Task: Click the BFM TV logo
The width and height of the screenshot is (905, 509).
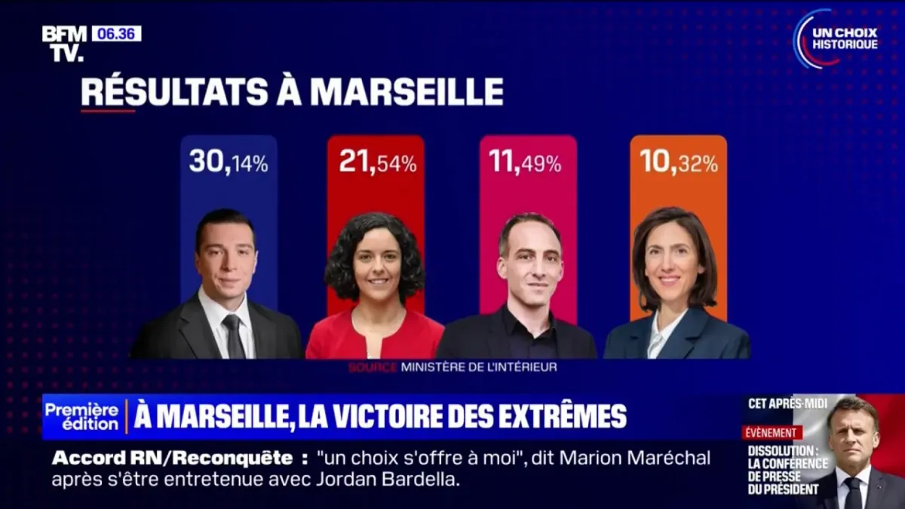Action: [63, 43]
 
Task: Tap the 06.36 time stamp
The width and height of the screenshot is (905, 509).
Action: [116, 34]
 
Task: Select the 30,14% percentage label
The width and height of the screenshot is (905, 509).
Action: [229, 161]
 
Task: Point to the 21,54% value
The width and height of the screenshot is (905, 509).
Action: [377, 161]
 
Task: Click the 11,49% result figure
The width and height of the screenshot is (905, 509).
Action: [525, 161]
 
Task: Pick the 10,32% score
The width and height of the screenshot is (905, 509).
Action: [678, 161]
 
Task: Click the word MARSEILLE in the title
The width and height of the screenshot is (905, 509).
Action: [406, 92]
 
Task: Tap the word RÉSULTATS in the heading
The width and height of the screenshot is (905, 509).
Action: [173, 92]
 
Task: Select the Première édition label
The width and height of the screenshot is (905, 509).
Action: [81, 416]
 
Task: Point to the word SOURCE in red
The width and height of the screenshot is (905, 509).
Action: [372, 367]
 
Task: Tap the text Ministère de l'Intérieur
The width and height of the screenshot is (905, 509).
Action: [479, 367]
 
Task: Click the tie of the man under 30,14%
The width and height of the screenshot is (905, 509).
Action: [233, 336]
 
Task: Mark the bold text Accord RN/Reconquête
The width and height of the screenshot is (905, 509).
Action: [171, 458]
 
